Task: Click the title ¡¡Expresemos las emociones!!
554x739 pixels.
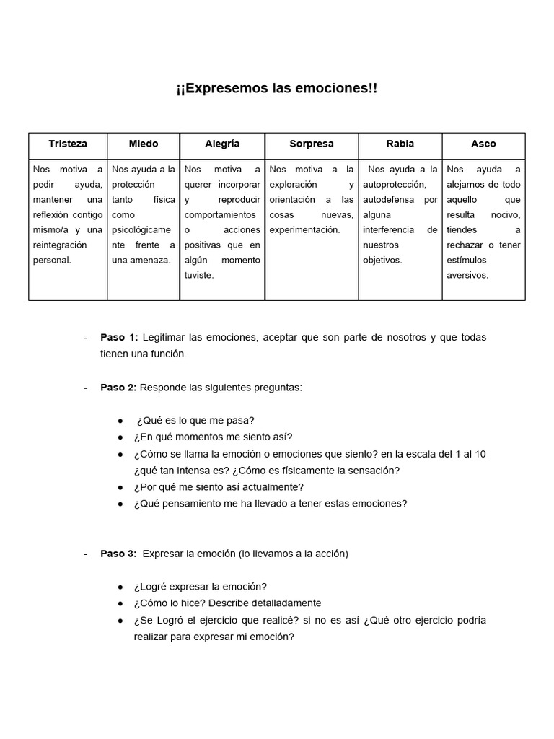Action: point(276,89)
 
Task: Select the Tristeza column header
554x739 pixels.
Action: point(68,144)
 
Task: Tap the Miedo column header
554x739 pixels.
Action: point(144,144)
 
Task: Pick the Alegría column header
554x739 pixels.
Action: point(222,144)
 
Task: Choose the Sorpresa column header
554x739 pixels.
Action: point(311,144)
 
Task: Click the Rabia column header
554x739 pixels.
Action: point(400,144)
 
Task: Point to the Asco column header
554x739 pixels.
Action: point(483,144)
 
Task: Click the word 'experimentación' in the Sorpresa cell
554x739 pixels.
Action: point(303,229)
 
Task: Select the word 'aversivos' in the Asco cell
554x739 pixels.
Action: point(467,275)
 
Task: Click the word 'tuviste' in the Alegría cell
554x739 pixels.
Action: point(199,275)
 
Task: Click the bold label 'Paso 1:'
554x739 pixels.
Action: point(119,338)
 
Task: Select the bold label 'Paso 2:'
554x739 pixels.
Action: point(118,388)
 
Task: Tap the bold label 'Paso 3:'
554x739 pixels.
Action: point(118,554)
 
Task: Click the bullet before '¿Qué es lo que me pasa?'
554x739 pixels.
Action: point(120,421)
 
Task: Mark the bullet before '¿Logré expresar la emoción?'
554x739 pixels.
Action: point(120,587)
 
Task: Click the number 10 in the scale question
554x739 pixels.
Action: point(480,454)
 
